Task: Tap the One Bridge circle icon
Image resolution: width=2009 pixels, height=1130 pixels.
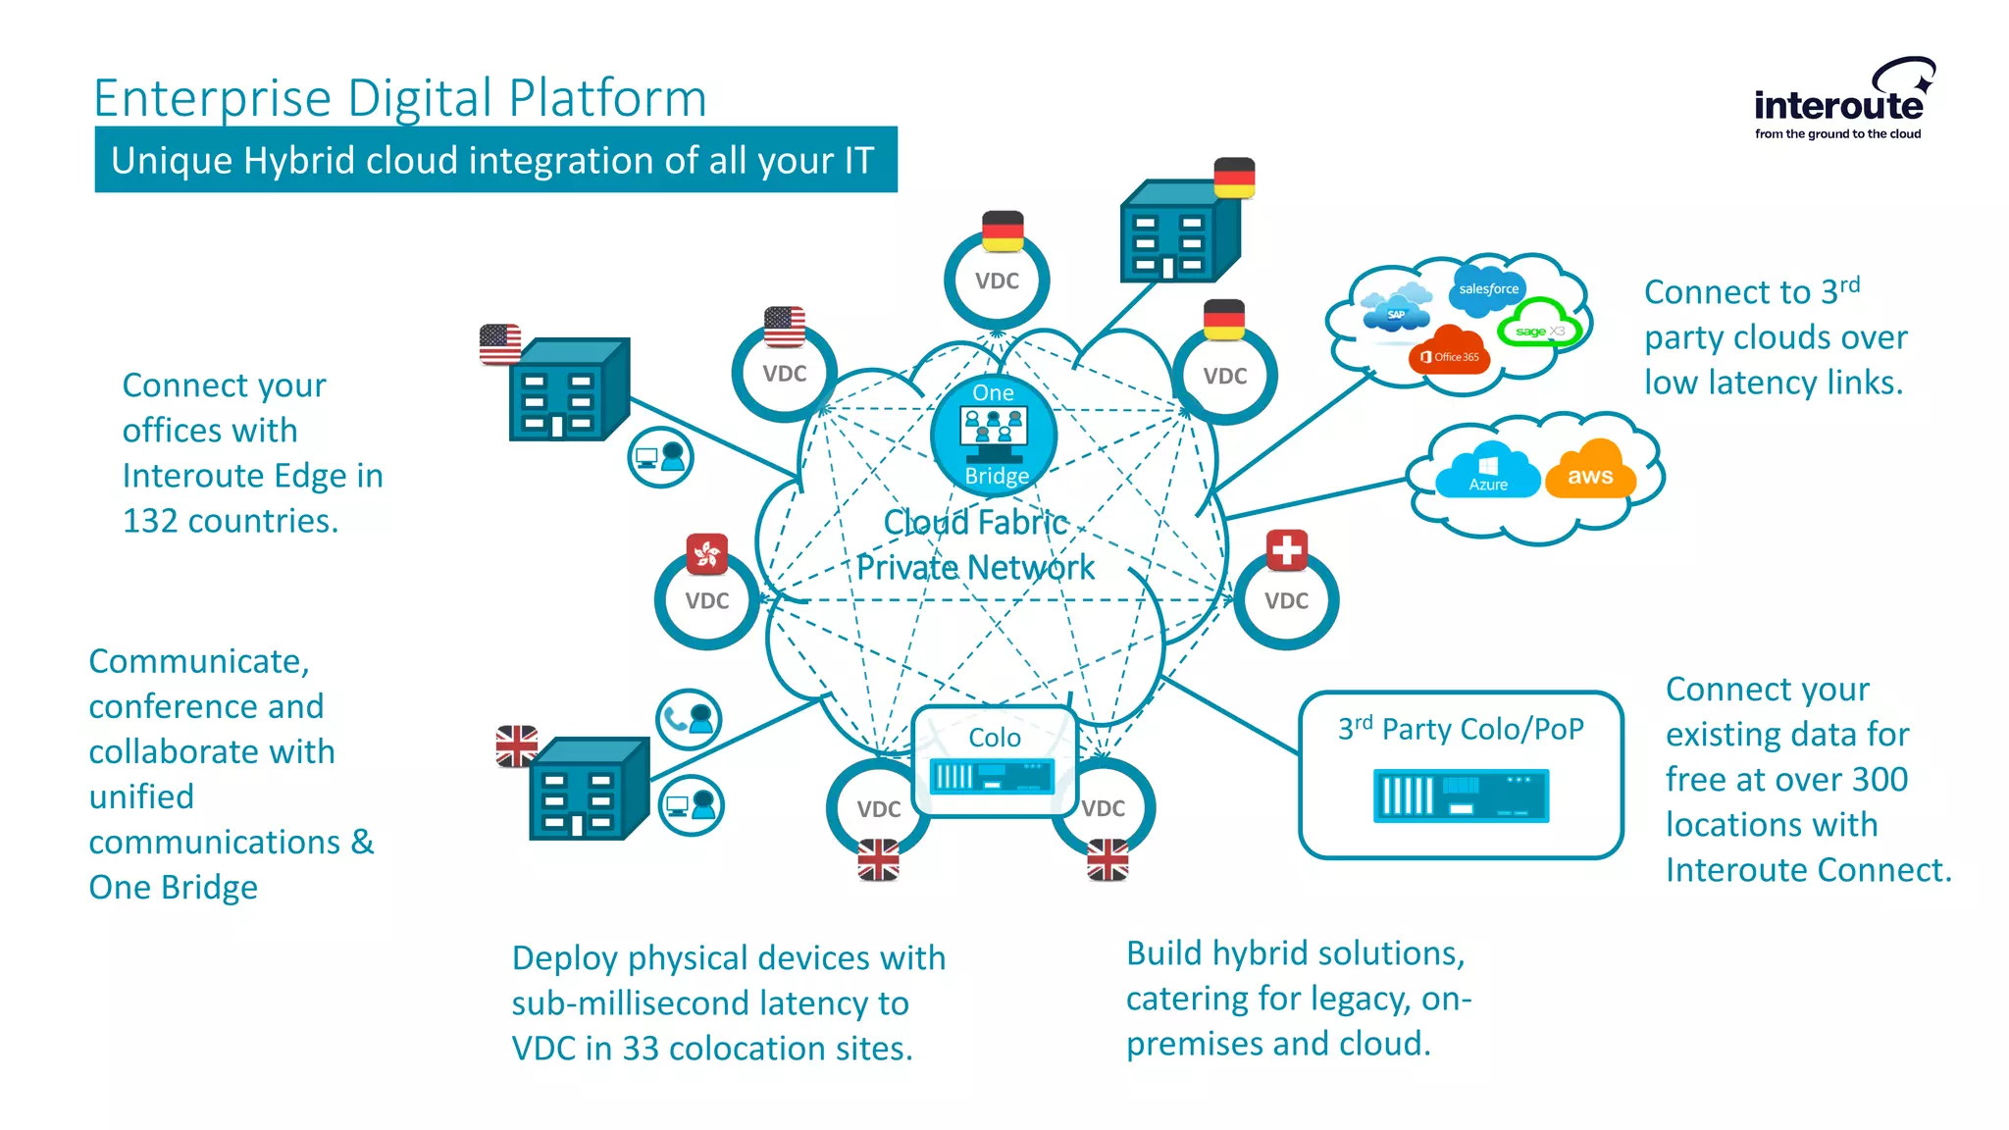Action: (994, 434)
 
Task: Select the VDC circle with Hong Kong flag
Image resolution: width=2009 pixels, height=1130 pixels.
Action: (707, 599)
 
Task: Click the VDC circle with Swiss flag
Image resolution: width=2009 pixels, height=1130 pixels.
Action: (1286, 599)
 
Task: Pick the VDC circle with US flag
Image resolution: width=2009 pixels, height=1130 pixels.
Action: (785, 373)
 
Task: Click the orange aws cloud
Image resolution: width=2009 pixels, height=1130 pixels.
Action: (1590, 474)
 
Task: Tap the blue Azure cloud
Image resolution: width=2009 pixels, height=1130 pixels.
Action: (1487, 474)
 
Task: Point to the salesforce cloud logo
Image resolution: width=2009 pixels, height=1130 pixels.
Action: (1488, 288)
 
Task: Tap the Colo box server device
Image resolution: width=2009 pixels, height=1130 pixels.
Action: (992, 777)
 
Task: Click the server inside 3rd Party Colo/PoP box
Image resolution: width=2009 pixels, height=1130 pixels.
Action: (1461, 796)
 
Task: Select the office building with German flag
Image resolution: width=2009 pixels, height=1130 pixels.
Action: (1176, 233)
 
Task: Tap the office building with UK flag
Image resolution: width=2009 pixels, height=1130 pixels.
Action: (587, 791)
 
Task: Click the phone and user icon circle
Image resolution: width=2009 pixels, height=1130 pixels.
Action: (689, 719)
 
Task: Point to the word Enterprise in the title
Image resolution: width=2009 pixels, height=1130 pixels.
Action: (212, 99)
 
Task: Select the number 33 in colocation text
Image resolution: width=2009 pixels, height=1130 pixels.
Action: (641, 1049)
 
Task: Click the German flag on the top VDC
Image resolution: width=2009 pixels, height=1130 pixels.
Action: (1003, 231)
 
